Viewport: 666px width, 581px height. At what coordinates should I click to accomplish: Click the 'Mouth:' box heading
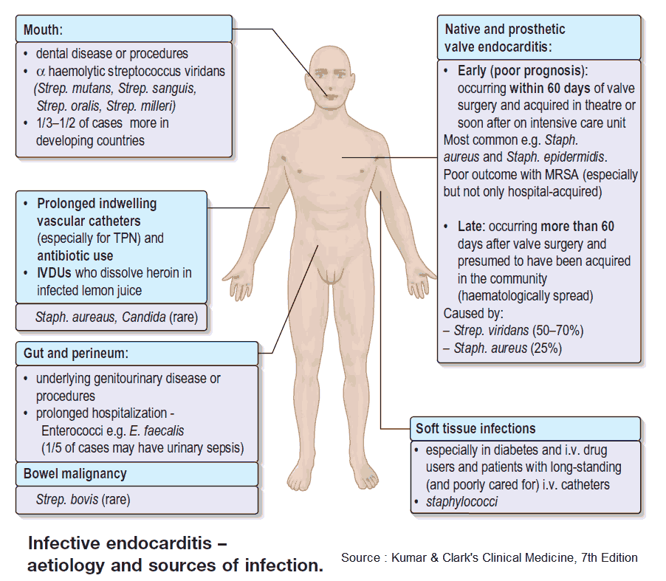point(43,30)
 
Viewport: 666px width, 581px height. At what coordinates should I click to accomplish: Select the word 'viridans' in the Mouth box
point(202,71)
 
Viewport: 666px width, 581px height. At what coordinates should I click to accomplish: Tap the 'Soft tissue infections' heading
point(476,428)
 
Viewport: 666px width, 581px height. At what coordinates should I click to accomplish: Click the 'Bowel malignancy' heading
point(75,473)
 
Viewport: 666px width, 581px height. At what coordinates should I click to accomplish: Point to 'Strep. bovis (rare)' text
point(83,500)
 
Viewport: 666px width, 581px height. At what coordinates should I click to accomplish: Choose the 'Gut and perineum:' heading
point(76,354)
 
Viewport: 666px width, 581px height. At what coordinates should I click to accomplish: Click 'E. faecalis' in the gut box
point(157,430)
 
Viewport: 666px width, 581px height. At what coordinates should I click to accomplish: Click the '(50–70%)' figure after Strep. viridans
point(557,331)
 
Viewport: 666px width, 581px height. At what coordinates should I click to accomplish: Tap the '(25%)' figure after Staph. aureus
point(544,348)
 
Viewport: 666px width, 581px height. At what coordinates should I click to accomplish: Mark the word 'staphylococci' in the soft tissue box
point(461,501)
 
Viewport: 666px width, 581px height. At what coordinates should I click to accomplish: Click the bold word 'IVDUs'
point(54,272)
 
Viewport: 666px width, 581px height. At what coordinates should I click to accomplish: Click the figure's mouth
point(331,97)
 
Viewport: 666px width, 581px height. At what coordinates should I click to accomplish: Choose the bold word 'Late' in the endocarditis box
point(470,227)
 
